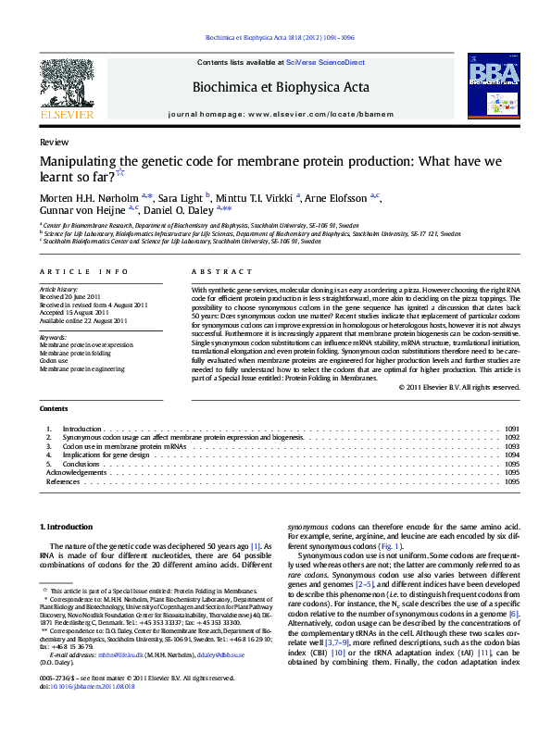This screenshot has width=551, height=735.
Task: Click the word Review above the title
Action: pyautogui.click(x=54, y=142)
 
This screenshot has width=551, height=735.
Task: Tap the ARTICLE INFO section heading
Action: pyautogui.click(x=84, y=271)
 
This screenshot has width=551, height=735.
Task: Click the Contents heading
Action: pyautogui.click(x=54, y=408)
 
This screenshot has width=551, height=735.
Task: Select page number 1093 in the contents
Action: pyautogui.click(x=512, y=446)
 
